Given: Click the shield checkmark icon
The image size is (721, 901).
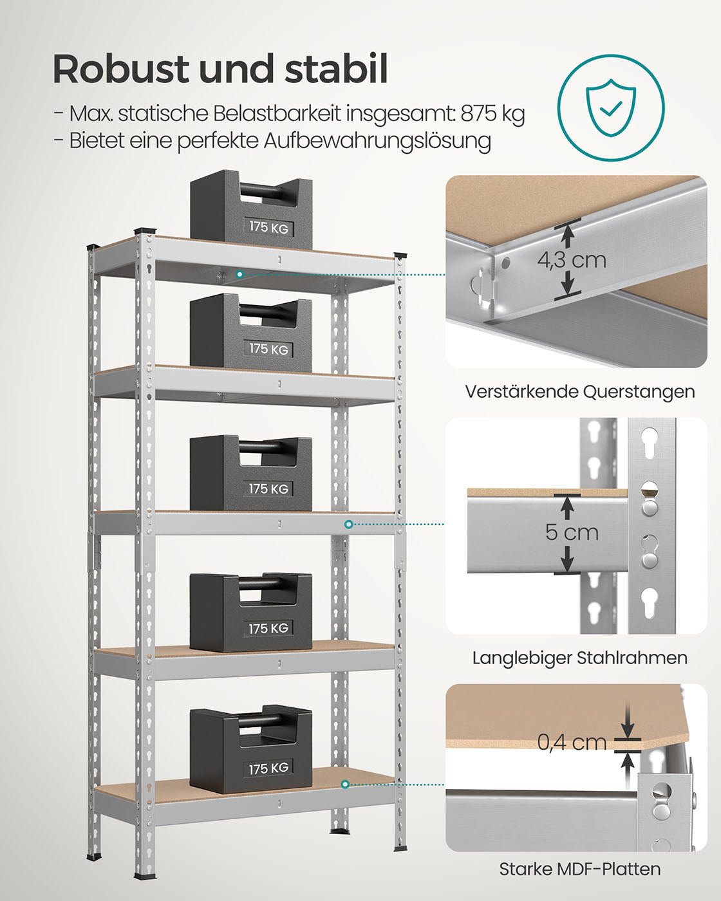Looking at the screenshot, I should point(610,107).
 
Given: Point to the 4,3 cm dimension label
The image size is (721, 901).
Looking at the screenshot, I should point(572,260).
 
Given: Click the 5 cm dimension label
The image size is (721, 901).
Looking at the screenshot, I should point(572,532).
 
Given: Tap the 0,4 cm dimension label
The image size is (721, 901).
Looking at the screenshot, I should point(572,742).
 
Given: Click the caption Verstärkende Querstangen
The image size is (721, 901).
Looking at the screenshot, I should point(579,391).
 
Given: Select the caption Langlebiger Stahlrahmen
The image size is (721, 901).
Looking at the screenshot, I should point(579,658).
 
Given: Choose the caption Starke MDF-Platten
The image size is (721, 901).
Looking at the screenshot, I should point(579,869).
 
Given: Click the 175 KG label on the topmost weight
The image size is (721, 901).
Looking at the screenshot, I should point(269,227).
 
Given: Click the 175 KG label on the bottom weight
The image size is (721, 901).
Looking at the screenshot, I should point(269,768).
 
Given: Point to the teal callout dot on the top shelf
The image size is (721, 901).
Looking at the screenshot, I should point(239,274).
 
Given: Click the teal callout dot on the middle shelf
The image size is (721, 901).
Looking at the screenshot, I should point(348,525).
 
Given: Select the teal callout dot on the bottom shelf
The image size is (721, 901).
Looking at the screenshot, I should point(346,784).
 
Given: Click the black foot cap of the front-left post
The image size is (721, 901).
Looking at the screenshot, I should point(144,875).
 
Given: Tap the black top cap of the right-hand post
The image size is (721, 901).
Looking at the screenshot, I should point(400,255).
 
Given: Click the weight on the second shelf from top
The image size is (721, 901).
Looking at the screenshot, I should point(251,335).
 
